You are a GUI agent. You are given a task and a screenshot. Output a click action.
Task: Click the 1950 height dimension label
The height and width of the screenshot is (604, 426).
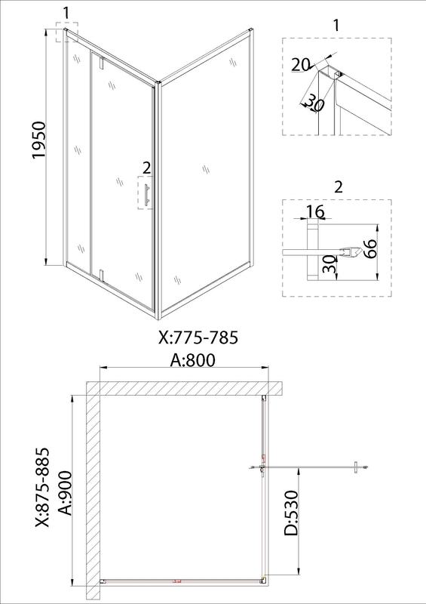point(39,140)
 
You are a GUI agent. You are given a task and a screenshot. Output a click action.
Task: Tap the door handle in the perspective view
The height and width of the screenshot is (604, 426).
point(146,196)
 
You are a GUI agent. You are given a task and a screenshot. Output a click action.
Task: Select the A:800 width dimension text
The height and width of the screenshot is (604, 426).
point(193,360)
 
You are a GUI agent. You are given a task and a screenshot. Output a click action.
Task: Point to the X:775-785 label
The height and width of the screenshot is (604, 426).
point(198,337)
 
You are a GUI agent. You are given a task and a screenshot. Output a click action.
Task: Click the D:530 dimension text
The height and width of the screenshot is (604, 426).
point(291,513)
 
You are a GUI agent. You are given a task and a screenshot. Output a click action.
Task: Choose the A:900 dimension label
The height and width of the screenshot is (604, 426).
point(66,493)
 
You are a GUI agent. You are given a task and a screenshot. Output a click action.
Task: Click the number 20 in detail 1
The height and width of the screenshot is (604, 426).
point(300,65)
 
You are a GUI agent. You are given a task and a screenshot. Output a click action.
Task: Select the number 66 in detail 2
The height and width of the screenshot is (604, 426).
point(369,249)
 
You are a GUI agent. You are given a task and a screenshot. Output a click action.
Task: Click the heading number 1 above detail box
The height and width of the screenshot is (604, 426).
point(336,25)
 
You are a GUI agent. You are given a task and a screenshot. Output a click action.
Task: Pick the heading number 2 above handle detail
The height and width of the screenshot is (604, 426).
point(339,186)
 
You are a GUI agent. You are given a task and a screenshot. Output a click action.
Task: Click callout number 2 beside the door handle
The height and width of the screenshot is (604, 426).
point(146,168)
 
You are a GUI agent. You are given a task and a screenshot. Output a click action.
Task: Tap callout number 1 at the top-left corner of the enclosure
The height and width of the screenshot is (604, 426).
point(66,13)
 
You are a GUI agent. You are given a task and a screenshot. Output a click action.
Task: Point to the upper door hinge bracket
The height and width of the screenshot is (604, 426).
point(102,63)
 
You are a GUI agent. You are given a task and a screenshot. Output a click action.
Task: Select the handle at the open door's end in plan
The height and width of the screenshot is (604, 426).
point(358,467)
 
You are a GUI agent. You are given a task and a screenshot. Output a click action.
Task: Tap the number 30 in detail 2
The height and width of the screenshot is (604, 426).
point(329,264)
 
